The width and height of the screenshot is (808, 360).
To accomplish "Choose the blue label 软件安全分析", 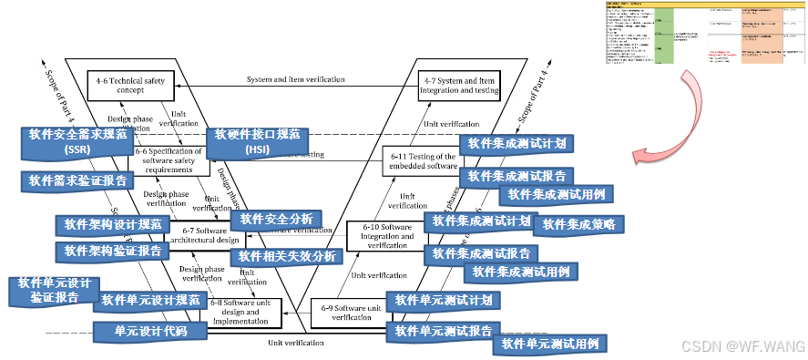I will tap(275, 219).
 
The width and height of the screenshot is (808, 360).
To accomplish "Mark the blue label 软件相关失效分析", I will tap(287, 256).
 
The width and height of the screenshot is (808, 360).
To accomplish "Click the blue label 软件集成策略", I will tap(578, 223).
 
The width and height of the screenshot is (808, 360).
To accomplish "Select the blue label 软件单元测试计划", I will tap(443, 300).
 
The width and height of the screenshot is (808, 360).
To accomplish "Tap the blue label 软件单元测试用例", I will tap(549, 344).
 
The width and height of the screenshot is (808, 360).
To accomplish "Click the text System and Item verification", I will tap(295, 79).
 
